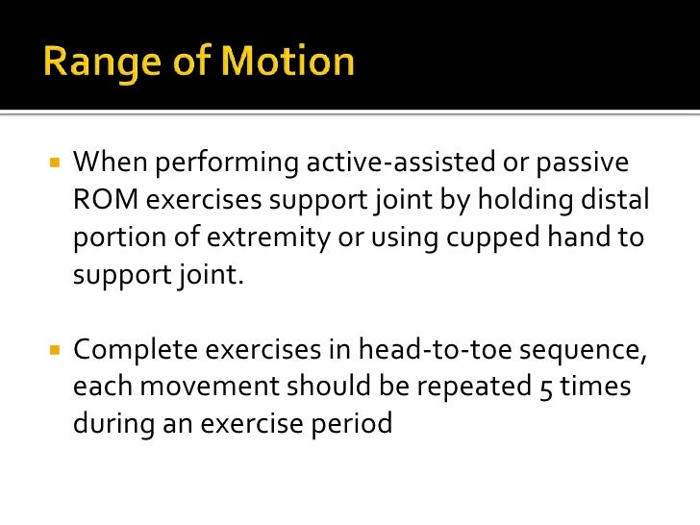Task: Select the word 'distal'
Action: (x=615, y=201)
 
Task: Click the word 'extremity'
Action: (x=273, y=238)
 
